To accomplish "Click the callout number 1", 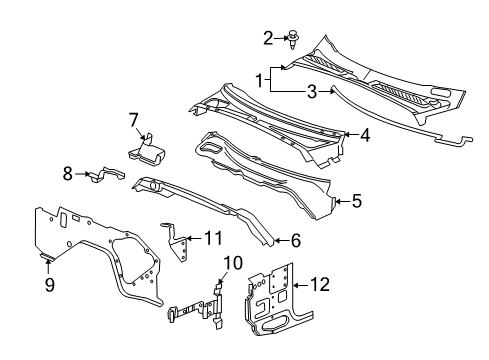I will click(260, 78).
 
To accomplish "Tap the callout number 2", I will click(268, 38).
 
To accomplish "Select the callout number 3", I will click(312, 93).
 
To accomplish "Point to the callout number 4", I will click(366, 135).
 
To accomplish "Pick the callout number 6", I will click(295, 240).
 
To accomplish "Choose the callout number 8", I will click(68, 174).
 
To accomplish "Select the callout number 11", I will click(212, 237).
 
